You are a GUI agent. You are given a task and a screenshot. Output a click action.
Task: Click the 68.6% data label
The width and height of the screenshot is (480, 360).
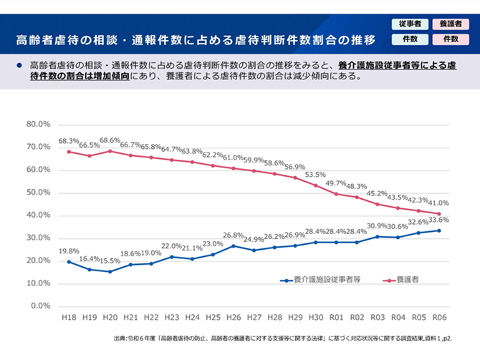(x=110, y=141)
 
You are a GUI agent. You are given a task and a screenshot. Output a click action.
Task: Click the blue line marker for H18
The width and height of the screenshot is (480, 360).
(x=69, y=261)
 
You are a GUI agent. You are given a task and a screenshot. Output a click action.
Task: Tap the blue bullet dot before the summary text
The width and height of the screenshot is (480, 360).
(x=19, y=65)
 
